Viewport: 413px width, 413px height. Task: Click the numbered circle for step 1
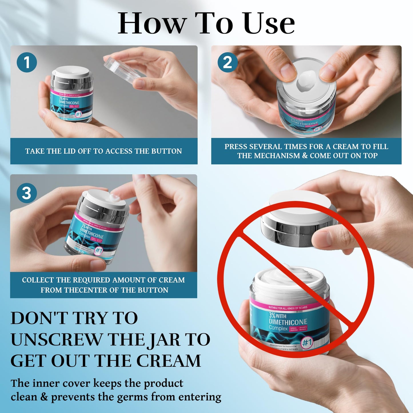(x=27, y=62)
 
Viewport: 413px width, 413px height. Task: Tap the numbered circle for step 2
(x=228, y=62)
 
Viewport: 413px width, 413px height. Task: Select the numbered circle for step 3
(x=27, y=193)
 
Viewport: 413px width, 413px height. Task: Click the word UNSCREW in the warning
(x=56, y=340)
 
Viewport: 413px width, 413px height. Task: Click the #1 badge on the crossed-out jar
(x=307, y=342)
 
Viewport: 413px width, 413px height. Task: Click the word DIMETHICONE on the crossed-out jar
(x=288, y=322)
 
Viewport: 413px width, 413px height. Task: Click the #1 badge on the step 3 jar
(x=99, y=251)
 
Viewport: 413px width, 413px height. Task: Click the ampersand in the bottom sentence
(x=44, y=397)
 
